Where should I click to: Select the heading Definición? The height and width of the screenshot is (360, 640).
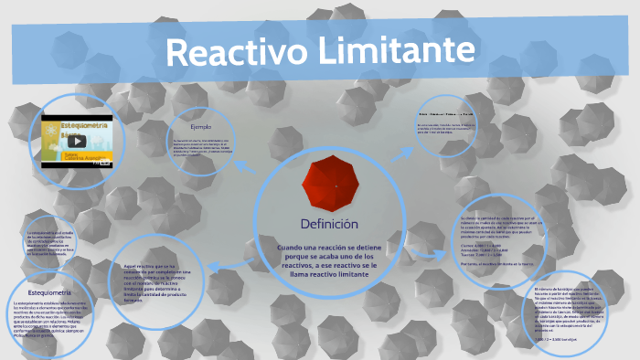pos(329,224)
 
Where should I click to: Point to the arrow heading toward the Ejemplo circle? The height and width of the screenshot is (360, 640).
pos(245,165)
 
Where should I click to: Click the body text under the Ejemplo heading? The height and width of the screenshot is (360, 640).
pos(201,146)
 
